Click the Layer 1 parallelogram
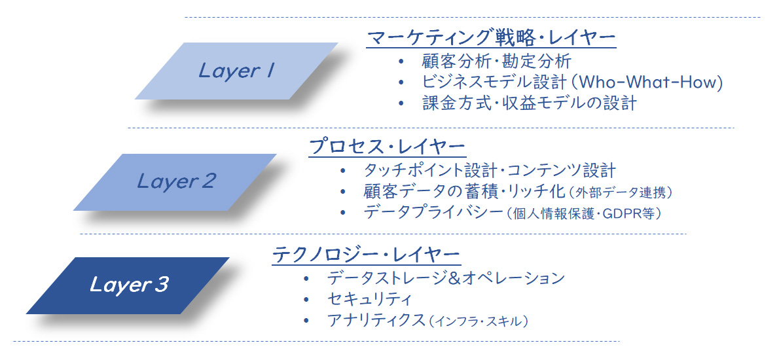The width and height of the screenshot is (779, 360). click(x=236, y=71)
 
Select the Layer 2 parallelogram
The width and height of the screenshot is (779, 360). click(x=175, y=182)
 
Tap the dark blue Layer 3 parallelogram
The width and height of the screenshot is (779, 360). click(x=128, y=285)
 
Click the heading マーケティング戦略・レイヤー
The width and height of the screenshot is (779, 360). click(x=491, y=37)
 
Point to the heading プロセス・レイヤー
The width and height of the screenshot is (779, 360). click(x=386, y=147)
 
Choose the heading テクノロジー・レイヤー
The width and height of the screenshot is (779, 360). click(x=366, y=256)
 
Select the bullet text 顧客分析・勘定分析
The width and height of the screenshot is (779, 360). click(x=496, y=62)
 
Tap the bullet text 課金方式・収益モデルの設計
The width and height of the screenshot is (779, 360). click(x=528, y=103)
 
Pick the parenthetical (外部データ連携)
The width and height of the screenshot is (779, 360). click(x=621, y=192)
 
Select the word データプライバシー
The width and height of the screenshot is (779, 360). click(x=434, y=213)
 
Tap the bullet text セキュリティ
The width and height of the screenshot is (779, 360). click(x=369, y=299)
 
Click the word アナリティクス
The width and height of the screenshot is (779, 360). click(x=376, y=321)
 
